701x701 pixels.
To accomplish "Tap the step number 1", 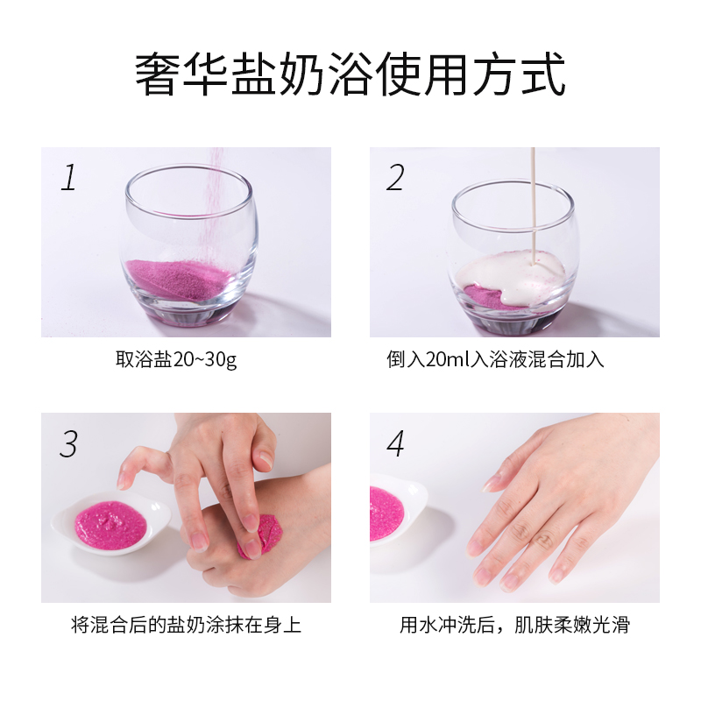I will pyautogui.click(x=68, y=178).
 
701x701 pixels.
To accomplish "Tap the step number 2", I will pyautogui.click(x=396, y=178).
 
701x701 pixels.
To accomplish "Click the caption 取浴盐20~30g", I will pyautogui.click(x=176, y=360).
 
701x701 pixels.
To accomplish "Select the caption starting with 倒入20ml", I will pyautogui.click(x=495, y=360).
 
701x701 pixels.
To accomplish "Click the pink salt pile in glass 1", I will pyautogui.click(x=180, y=278).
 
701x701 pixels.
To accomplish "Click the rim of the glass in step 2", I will pyautogui.click(x=513, y=186).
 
